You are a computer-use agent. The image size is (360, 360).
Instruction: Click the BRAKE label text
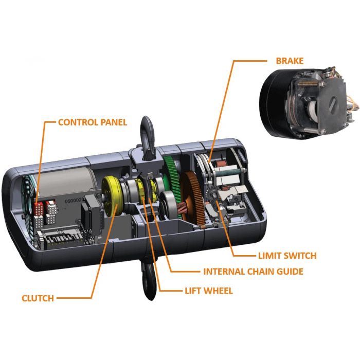(x=290, y=61)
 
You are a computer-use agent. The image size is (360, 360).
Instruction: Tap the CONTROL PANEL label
(x=93, y=122)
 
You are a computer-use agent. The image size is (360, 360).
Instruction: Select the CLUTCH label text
(x=38, y=298)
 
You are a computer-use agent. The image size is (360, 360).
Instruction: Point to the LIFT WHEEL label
(x=209, y=291)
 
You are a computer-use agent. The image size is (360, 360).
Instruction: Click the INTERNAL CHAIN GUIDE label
(x=253, y=272)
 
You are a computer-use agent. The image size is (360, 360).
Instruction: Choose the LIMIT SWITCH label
(x=287, y=256)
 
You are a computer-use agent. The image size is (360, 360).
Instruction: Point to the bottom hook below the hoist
(x=150, y=280)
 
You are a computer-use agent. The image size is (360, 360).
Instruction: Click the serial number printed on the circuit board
(x=74, y=202)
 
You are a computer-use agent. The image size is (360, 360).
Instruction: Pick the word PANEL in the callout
(x=114, y=122)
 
